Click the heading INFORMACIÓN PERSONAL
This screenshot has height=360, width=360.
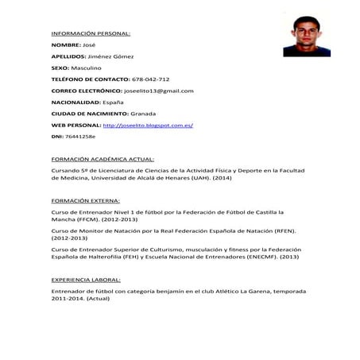tap(91, 34)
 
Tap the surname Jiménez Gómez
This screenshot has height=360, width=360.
tap(112, 57)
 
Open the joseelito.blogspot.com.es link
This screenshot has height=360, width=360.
tap(149, 126)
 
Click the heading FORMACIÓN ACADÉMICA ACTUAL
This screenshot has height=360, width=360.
tap(103, 160)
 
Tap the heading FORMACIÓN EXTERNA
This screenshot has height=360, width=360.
tap(85, 201)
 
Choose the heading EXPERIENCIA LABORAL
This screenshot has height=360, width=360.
tap(86, 281)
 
